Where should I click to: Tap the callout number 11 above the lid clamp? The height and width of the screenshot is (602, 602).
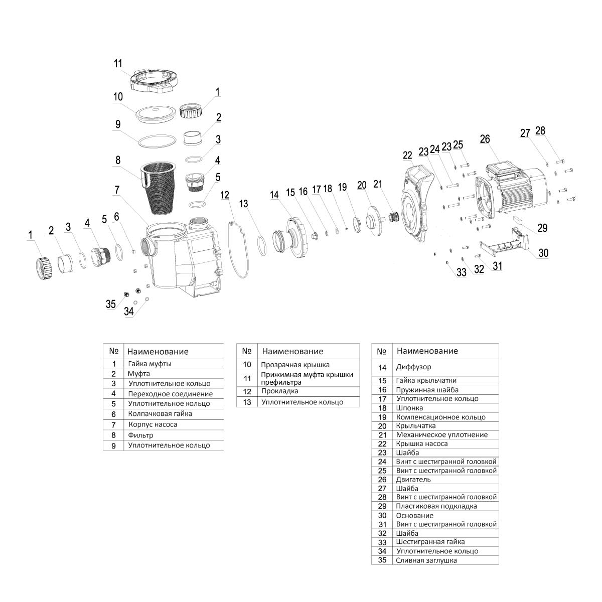pyautogui.click(x=118, y=64)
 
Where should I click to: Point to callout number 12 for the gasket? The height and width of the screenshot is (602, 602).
pyautogui.click(x=224, y=194)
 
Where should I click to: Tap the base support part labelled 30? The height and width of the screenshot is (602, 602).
pyautogui.click(x=507, y=241)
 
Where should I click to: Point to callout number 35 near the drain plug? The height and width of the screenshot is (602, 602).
pyautogui.click(x=110, y=304)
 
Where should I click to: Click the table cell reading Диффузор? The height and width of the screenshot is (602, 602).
pyautogui.click(x=413, y=367)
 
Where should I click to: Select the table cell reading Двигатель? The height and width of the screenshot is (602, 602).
pyautogui.click(x=413, y=480)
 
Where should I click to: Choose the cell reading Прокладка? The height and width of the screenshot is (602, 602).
pyautogui.click(x=279, y=391)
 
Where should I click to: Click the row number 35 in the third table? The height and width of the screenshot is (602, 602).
pyautogui.click(x=382, y=560)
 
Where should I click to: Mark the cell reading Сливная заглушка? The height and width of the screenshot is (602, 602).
pyautogui.click(x=426, y=560)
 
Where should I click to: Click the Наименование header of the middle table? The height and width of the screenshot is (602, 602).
pyautogui.click(x=292, y=351)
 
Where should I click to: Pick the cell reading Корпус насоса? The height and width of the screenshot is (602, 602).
pyautogui.click(x=153, y=424)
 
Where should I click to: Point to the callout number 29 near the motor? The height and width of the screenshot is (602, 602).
pyautogui.click(x=542, y=228)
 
